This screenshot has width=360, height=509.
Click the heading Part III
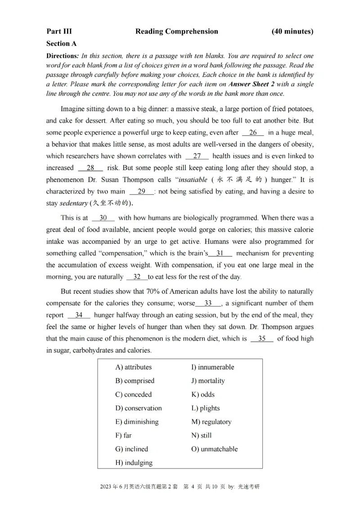tap(59, 31)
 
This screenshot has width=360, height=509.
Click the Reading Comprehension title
tap(176, 31)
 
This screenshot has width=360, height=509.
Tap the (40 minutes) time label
tap(292, 31)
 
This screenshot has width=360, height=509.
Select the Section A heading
tap(61, 44)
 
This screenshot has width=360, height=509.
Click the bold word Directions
tap(62, 56)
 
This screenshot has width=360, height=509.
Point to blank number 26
tap(253, 133)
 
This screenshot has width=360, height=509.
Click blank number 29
tap(141, 191)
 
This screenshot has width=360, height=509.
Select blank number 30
tap(103, 218)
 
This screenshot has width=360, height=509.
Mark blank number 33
tap(208, 303)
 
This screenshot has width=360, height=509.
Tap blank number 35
tap(262, 339)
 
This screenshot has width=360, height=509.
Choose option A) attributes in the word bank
tap(134, 367)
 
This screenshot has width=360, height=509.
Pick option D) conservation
tap(138, 408)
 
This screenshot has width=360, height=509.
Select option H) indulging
tap(134, 463)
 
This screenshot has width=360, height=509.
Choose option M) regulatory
tap(211, 422)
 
